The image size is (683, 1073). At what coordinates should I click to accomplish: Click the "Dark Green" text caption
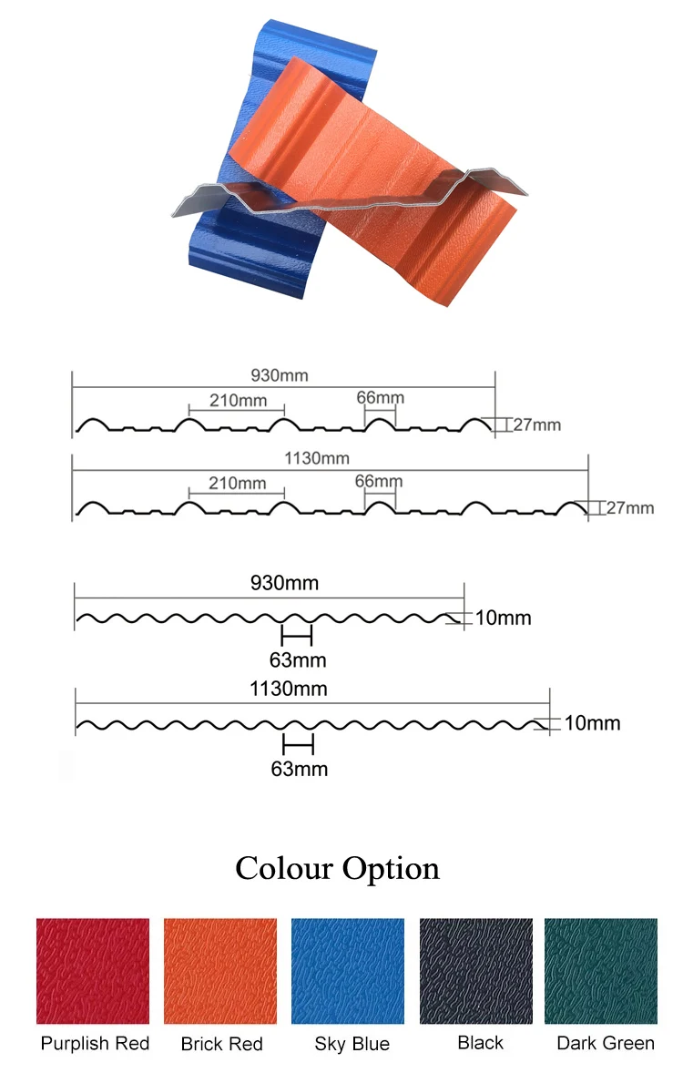606,1043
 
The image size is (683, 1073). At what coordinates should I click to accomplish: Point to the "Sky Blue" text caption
352,1044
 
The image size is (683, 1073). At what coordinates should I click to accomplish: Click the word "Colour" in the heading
282,868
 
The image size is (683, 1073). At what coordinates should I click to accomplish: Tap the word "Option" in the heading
389,870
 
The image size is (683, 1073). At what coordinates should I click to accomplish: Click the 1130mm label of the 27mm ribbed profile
318,458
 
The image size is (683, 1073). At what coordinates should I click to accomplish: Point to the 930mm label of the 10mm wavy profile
284,583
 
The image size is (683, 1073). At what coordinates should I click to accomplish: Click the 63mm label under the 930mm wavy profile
298,659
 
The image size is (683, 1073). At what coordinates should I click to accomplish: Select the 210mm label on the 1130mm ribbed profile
237,482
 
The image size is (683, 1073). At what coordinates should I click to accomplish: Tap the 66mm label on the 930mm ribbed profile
380,397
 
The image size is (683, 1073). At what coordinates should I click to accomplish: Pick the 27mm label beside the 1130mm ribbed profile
630,507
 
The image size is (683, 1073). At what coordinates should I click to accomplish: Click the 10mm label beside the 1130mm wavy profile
592,723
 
